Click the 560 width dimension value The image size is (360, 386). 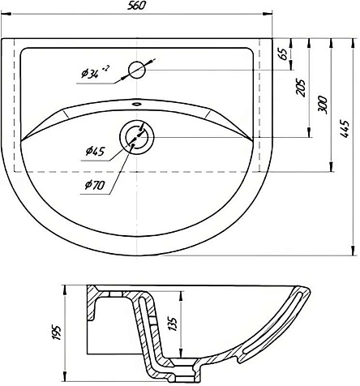[136, 6]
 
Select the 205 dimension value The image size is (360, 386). [301, 88]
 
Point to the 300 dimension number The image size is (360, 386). [323, 105]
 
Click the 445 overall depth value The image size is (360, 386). [345, 128]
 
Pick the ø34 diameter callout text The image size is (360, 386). [95, 72]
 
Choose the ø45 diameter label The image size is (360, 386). [95, 151]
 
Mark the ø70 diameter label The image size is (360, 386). [95, 185]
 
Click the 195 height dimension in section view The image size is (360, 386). [56, 332]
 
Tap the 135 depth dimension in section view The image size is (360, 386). [173, 324]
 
